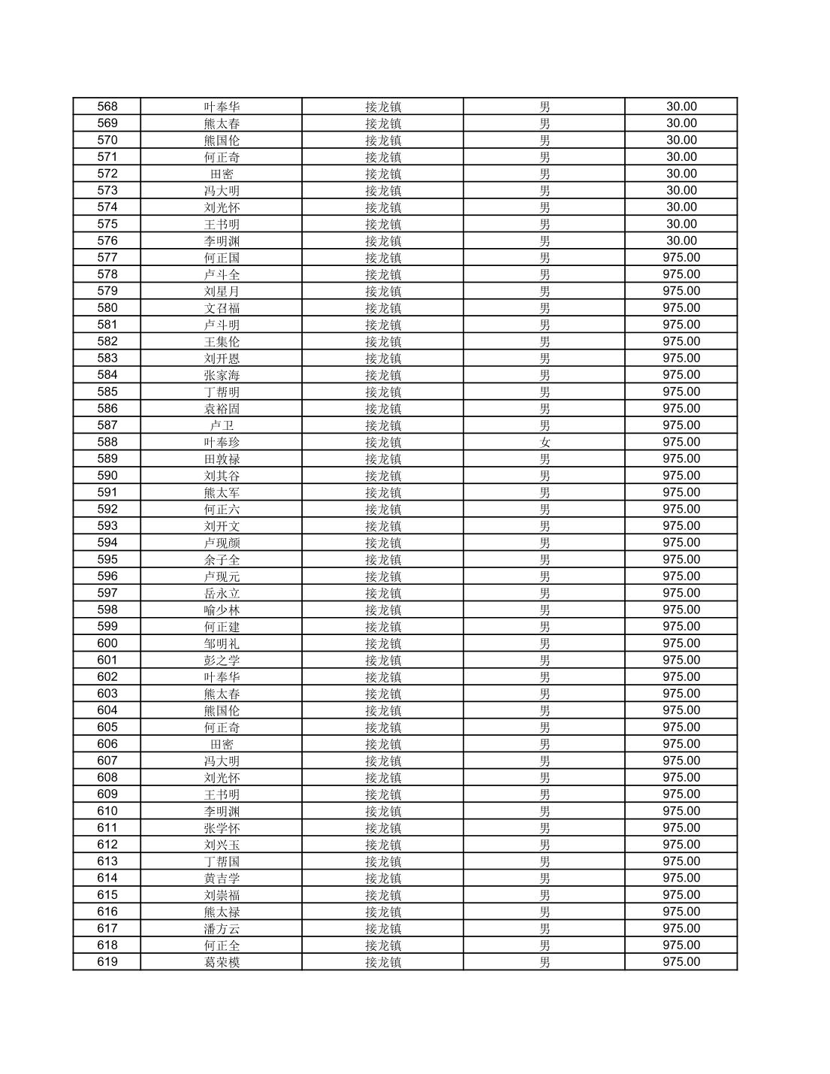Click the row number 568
(107, 107)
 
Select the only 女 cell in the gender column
(545, 443)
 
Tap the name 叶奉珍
(222, 443)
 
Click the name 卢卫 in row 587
(222, 425)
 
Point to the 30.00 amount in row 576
(681, 241)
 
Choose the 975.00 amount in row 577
(681, 258)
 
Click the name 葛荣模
(222, 963)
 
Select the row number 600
(107, 643)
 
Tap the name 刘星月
(222, 292)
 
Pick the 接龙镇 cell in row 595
(383, 560)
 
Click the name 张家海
(222, 375)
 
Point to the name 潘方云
(222, 929)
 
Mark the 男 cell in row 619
(545, 963)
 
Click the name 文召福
(222, 308)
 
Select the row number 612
(107, 845)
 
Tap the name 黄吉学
(222, 879)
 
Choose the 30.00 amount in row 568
(681, 107)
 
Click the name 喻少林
(222, 610)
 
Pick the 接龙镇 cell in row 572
(383, 174)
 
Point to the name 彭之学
(222, 661)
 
